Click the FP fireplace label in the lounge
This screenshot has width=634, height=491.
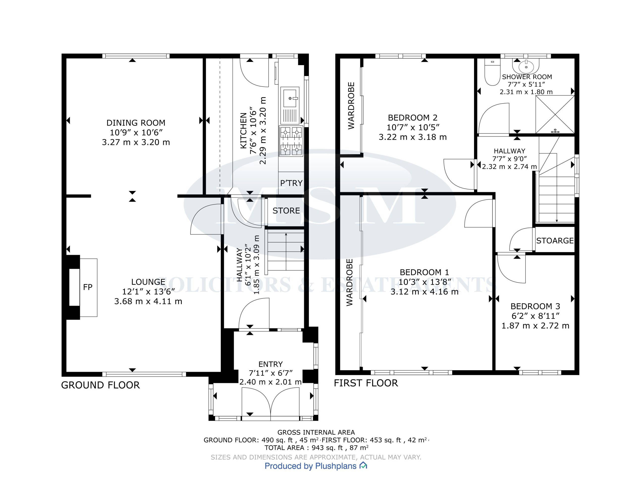click(x=88, y=287)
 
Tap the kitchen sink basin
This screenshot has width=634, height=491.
click(x=290, y=98)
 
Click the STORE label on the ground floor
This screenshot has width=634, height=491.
click(x=286, y=210)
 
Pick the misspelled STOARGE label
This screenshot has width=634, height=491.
click(x=555, y=241)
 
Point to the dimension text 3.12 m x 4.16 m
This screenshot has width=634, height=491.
click(x=424, y=291)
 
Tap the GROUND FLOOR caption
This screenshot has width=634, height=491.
click(x=101, y=385)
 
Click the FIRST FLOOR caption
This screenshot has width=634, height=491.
click(x=366, y=383)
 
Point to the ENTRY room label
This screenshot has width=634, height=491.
click(x=270, y=364)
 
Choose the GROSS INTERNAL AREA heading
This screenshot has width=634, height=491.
click(x=316, y=433)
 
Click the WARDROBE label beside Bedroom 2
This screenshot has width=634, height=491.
click(x=351, y=106)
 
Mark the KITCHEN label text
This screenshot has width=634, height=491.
click(x=243, y=131)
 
